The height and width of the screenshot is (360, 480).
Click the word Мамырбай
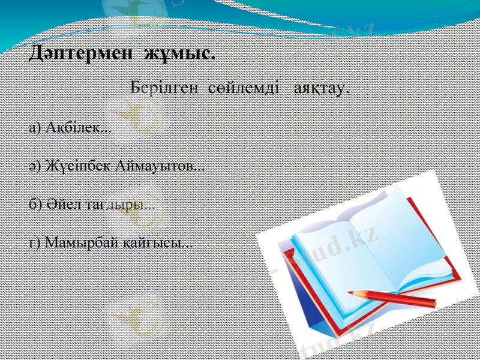[x=82, y=243]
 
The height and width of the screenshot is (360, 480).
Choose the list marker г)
[x=34, y=243]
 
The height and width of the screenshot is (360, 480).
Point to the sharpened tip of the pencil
[x=351, y=293]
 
